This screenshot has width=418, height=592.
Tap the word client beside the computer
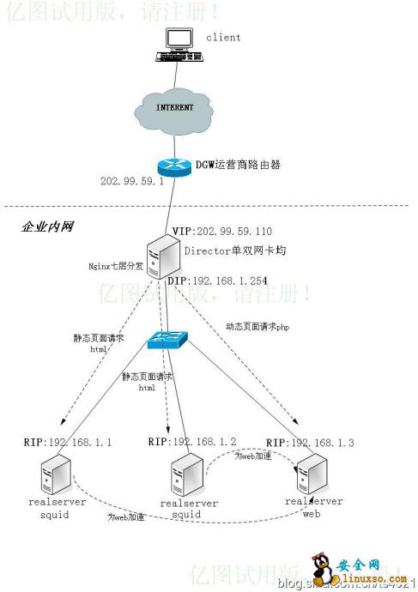point(223,38)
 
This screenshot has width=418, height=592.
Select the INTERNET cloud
point(174,108)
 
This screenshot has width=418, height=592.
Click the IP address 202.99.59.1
point(131,182)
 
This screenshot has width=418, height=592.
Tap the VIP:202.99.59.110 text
point(222,232)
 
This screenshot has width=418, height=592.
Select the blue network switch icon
point(167,338)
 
